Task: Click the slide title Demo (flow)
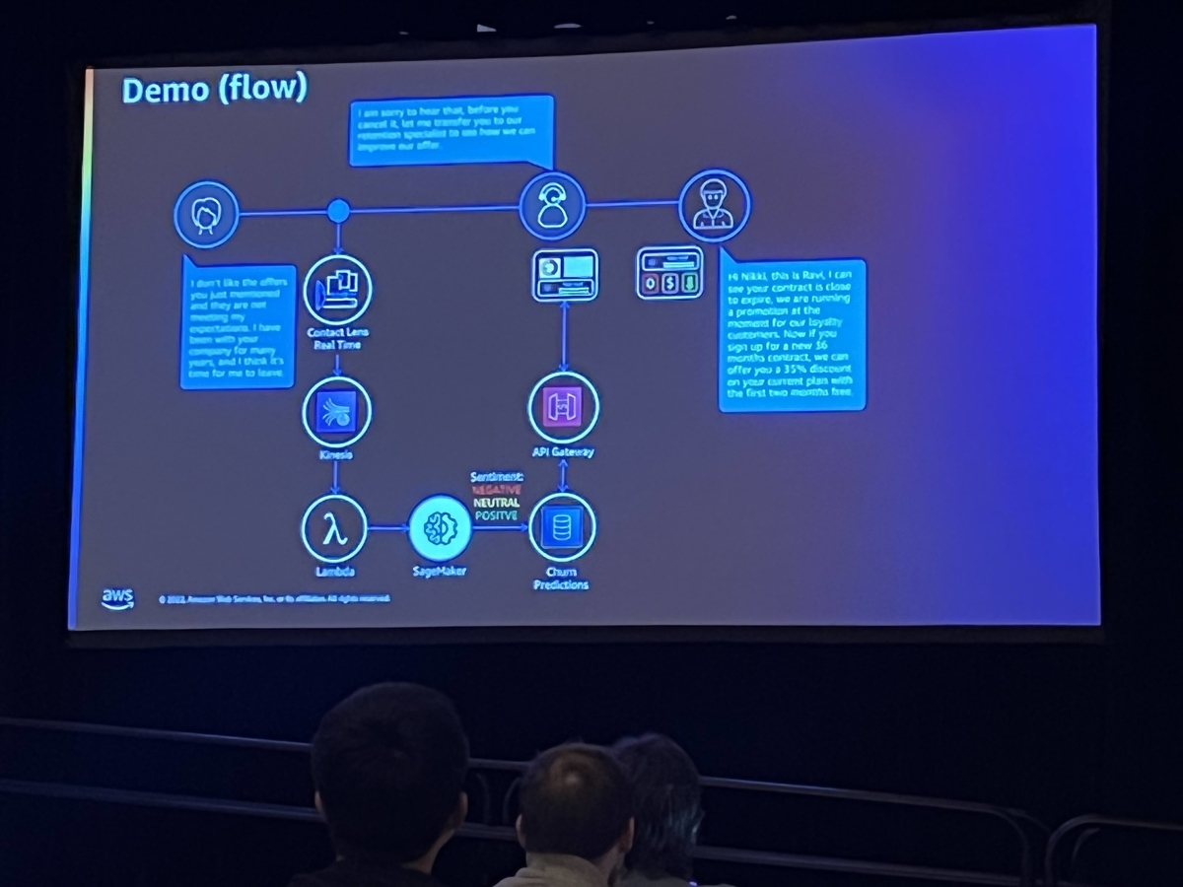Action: (x=214, y=90)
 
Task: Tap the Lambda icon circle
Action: (x=334, y=528)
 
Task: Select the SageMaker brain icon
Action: (x=440, y=528)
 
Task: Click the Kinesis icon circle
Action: (x=336, y=411)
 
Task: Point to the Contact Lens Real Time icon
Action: (x=337, y=289)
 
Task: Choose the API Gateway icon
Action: (x=563, y=408)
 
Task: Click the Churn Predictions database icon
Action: (x=562, y=527)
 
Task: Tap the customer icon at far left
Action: (x=206, y=214)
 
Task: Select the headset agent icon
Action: (x=552, y=206)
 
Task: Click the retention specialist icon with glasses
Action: (x=715, y=206)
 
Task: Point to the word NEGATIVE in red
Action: (x=497, y=489)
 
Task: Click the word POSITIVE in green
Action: (x=496, y=514)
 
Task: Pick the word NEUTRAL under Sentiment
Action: (x=496, y=502)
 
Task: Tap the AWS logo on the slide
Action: (x=117, y=599)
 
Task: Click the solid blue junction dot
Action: (x=338, y=211)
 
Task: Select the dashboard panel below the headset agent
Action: (x=565, y=275)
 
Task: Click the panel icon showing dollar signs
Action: (x=669, y=272)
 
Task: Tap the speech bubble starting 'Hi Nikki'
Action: (x=792, y=333)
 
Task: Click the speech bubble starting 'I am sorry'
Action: (x=450, y=130)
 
